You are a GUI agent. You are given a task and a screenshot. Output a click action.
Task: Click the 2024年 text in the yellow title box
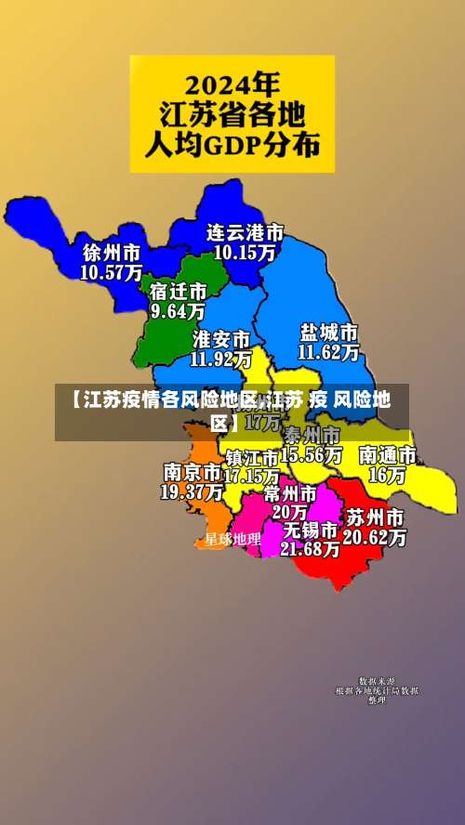[x=232, y=86]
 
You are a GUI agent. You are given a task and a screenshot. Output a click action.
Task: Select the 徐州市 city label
[x=112, y=253]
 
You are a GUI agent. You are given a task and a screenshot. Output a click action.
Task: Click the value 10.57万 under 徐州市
[x=112, y=272]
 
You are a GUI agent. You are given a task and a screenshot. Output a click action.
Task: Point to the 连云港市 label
[x=245, y=231]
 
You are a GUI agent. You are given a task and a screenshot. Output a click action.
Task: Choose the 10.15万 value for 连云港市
[x=245, y=251]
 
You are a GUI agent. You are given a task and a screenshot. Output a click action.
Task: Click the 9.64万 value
[x=178, y=311]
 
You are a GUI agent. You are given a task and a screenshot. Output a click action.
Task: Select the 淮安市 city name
[x=221, y=337]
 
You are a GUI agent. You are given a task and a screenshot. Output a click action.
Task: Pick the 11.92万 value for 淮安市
[x=221, y=357]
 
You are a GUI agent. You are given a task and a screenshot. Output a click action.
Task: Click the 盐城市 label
[x=329, y=333]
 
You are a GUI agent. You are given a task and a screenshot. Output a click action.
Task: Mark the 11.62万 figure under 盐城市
[x=329, y=352]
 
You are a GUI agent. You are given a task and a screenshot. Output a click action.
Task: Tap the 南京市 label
[x=192, y=472]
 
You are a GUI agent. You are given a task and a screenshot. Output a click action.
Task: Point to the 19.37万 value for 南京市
[x=192, y=491]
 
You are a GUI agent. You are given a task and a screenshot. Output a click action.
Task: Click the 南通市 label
[x=388, y=456]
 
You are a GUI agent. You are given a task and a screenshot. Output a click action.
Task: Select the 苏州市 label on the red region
[x=375, y=517]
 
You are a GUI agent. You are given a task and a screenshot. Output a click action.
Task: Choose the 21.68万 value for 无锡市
[x=311, y=549]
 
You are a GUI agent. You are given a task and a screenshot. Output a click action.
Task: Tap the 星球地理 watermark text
[x=232, y=539]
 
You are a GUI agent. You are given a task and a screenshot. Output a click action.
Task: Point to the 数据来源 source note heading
[x=377, y=682]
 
